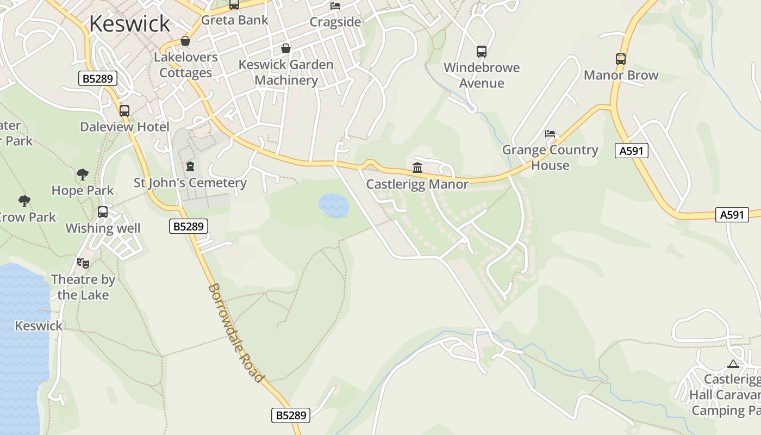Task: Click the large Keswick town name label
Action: click(x=129, y=23)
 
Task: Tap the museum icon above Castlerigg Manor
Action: click(x=417, y=167)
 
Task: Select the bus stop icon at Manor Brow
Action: click(x=621, y=59)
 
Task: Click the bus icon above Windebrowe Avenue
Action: click(x=481, y=52)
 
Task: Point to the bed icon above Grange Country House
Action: click(x=550, y=134)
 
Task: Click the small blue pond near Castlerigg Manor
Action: click(x=333, y=206)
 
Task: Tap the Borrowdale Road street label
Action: click(x=236, y=333)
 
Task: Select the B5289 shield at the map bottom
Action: click(x=291, y=415)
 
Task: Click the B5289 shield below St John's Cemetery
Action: click(x=189, y=226)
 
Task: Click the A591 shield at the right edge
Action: click(x=731, y=215)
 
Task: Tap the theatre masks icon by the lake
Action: click(x=83, y=263)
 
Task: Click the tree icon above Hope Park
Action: click(x=83, y=175)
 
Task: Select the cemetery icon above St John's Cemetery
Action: click(x=190, y=166)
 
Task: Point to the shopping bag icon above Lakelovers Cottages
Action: click(x=185, y=41)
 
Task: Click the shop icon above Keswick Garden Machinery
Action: click(x=286, y=48)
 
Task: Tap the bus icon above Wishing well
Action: click(x=103, y=212)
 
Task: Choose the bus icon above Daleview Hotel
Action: click(x=124, y=111)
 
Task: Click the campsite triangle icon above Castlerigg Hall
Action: click(x=733, y=364)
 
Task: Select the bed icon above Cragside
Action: click(x=335, y=6)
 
